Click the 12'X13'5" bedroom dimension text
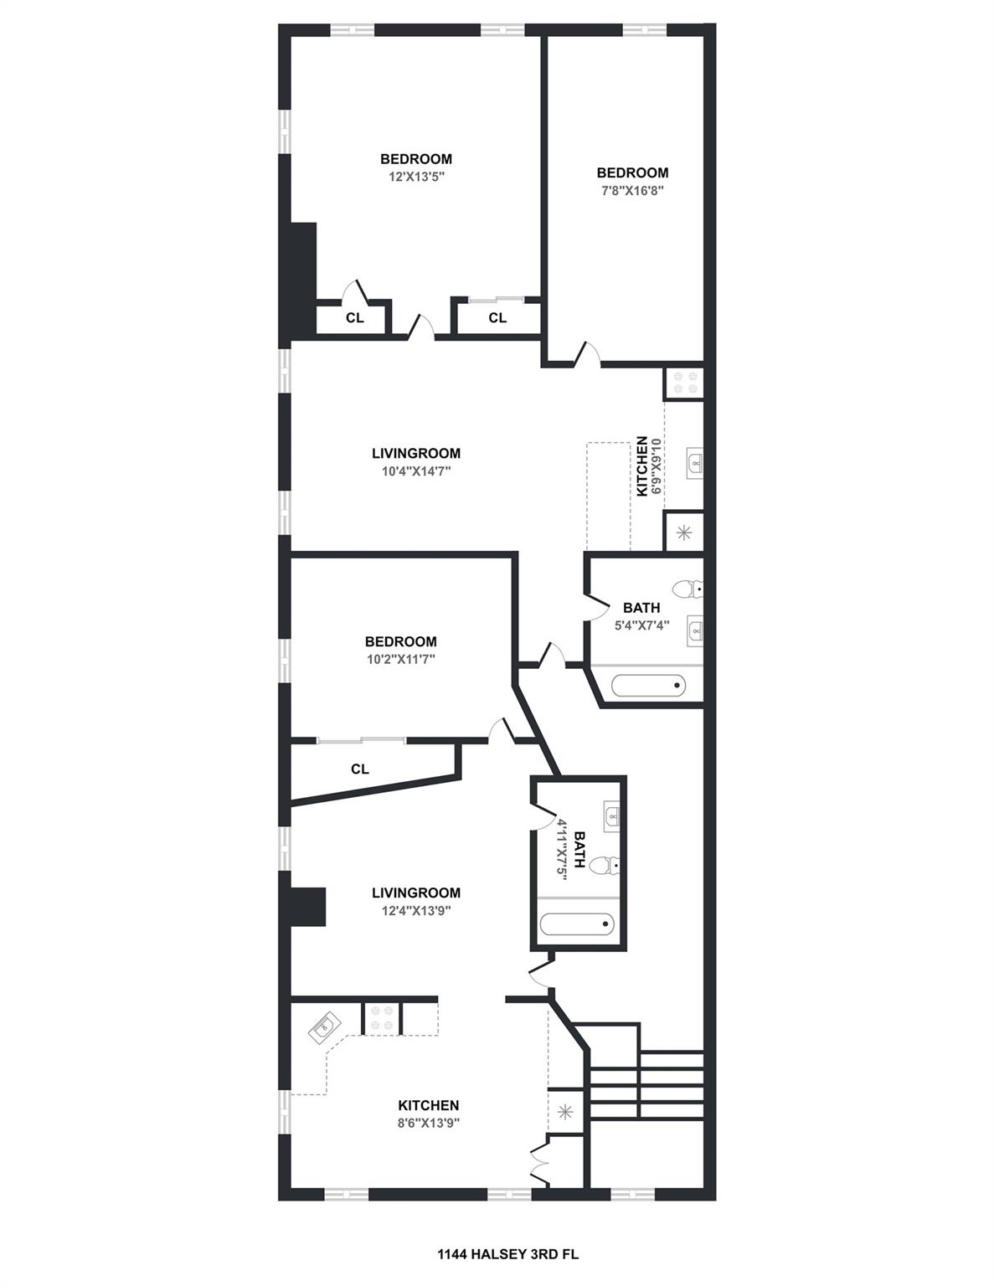(x=415, y=177)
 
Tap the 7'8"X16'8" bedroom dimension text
(x=632, y=191)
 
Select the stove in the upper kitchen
(x=683, y=383)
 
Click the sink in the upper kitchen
(x=694, y=461)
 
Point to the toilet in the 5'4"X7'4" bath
(x=688, y=589)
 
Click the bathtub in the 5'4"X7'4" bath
(x=649, y=687)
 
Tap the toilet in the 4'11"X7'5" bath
(x=605, y=867)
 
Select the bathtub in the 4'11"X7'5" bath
(x=577, y=924)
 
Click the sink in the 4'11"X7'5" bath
(x=612, y=815)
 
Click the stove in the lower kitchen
(x=382, y=1018)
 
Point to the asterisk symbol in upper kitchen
(x=683, y=531)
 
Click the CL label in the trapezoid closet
(x=360, y=769)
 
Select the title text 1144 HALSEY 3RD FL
(x=497, y=1254)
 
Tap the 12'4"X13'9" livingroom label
(x=416, y=911)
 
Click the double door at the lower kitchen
(x=538, y=1165)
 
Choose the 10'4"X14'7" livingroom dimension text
(x=416, y=471)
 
